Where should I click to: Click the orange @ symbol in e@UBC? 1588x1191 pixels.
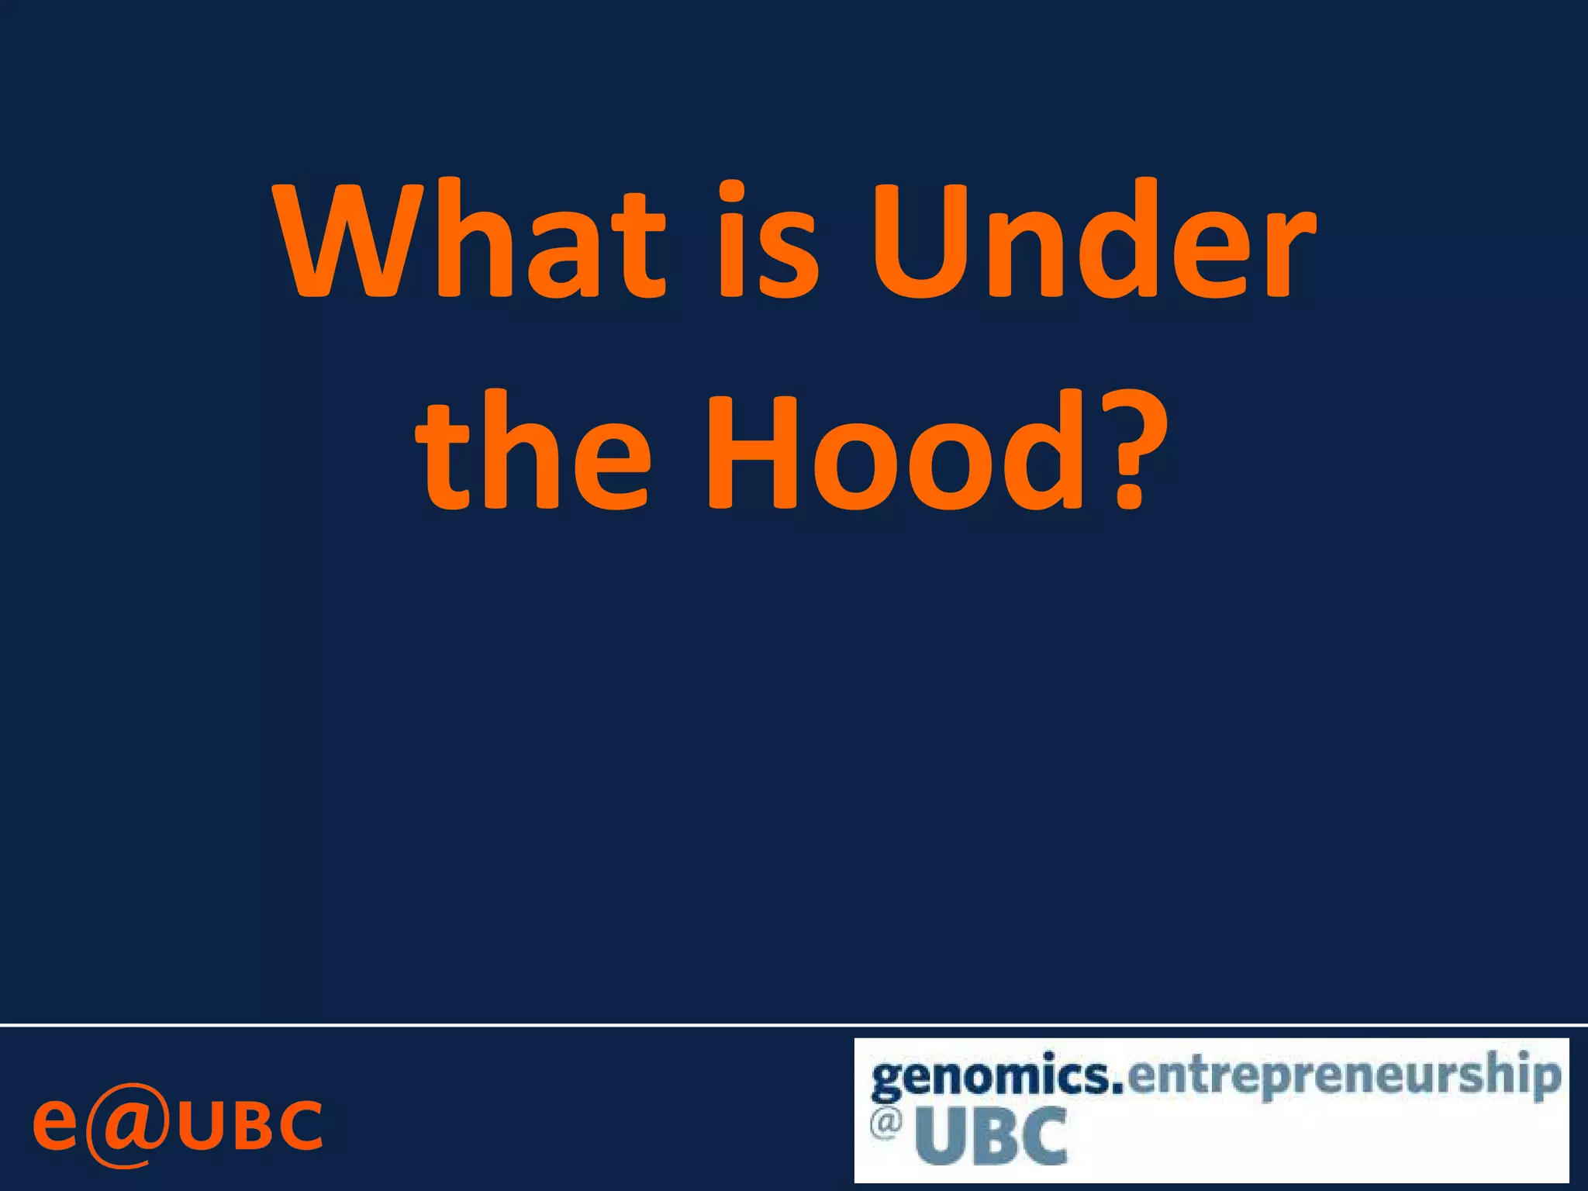tap(126, 1125)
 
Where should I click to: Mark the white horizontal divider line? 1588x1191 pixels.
tap(794, 1025)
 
